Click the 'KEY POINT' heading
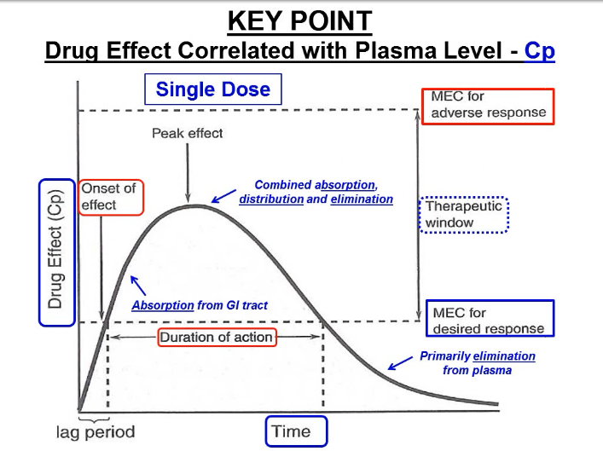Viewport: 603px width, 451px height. (x=300, y=20)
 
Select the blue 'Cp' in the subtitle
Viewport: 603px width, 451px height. (x=540, y=51)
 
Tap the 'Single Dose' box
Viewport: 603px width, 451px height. (x=213, y=90)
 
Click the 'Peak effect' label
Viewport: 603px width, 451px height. (x=187, y=133)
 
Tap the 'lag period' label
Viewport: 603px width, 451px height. (x=96, y=431)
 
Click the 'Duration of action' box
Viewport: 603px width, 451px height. (x=217, y=337)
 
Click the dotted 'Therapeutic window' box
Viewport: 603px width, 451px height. (x=466, y=214)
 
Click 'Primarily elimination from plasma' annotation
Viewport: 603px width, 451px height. (x=478, y=363)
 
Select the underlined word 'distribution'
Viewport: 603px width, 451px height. (x=271, y=199)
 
